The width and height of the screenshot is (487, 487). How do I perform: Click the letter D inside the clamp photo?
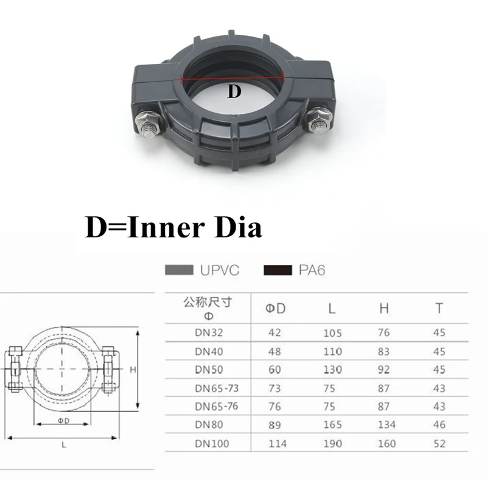pos(234,93)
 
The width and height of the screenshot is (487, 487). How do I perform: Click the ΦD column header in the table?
pos(276,309)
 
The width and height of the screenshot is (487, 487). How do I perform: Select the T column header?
pos(438,309)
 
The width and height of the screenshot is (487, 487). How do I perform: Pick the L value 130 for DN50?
pos(332,370)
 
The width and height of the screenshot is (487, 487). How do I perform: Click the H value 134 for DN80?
pos(384,425)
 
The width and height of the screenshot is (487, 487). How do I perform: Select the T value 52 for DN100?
pos(439,443)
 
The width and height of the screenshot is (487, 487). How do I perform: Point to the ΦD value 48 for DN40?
pos(276,351)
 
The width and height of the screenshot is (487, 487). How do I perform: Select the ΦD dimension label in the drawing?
pos(63,421)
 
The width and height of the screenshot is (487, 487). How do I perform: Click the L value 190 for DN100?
pos(332,443)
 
